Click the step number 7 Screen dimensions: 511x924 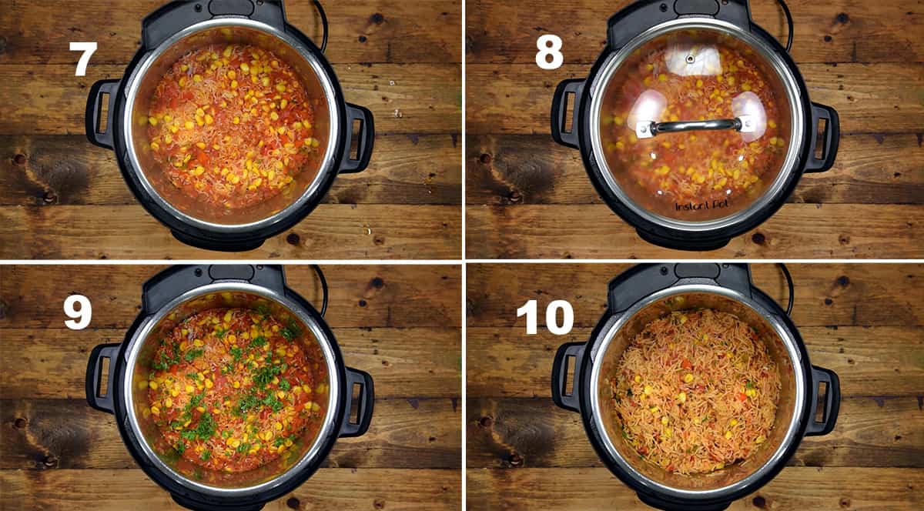[82, 58]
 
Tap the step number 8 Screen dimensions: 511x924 [549, 52]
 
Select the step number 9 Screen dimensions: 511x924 [77, 312]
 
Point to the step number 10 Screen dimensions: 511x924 [544, 317]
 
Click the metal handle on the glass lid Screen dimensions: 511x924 [695, 125]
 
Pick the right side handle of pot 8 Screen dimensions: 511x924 [825, 138]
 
